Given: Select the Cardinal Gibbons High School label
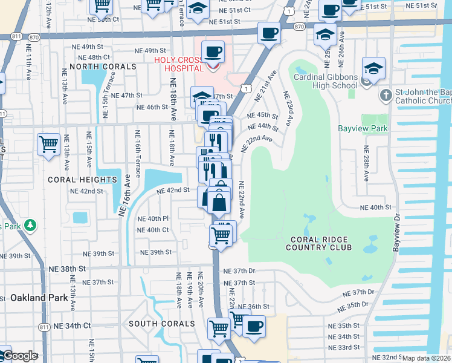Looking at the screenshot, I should (x=326, y=81).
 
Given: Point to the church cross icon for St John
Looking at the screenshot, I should (x=386, y=95).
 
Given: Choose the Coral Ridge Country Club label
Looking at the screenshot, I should (x=318, y=242).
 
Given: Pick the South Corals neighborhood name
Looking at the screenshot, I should (x=161, y=324).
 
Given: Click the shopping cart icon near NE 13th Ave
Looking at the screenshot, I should (x=48, y=145).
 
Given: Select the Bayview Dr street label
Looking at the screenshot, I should (x=397, y=232).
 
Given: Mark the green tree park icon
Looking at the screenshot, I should (x=30, y=226).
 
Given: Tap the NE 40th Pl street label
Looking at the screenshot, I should (x=153, y=218).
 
